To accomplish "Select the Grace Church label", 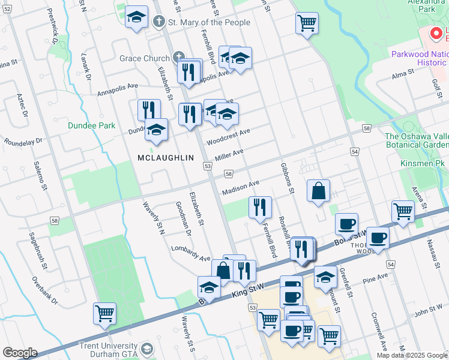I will (x=144, y=58).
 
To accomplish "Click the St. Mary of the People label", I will (x=209, y=23).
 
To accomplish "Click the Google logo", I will (x=20, y=353).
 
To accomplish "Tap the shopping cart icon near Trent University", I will (x=104, y=313).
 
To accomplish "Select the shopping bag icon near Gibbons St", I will (x=319, y=191).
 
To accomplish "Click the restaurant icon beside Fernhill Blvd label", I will (x=260, y=207).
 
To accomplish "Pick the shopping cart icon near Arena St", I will (x=402, y=211).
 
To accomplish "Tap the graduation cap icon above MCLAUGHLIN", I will (x=156, y=129).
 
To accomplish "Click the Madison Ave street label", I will (x=240, y=187).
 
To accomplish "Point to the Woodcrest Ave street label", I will (x=228, y=137).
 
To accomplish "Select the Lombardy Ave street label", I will (x=191, y=253).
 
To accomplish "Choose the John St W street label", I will (x=428, y=310).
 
